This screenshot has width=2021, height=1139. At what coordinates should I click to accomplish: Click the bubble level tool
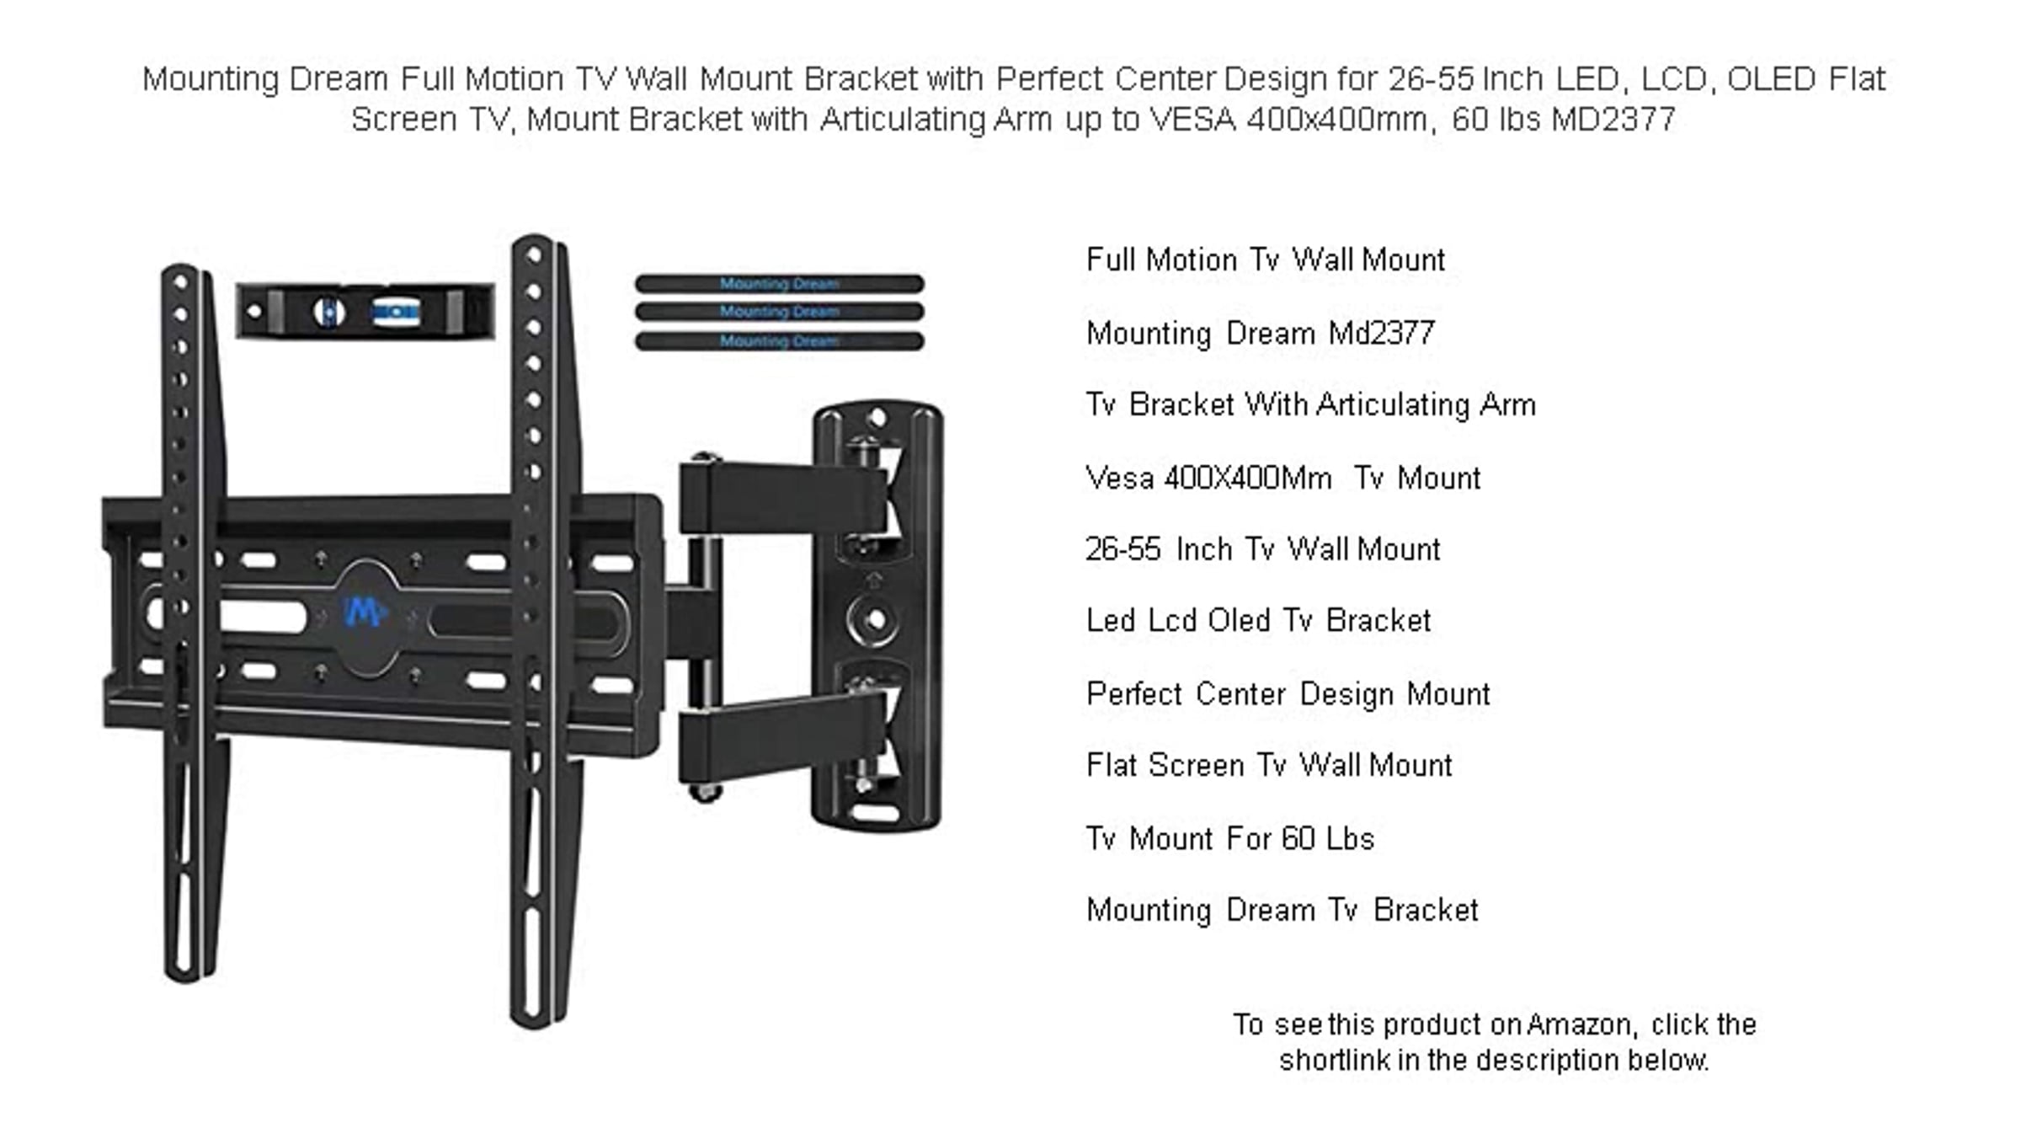[x=365, y=311]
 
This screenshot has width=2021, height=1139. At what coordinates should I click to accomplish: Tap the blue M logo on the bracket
[x=364, y=612]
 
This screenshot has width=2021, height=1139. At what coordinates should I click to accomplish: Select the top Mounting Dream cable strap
[x=780, y=284]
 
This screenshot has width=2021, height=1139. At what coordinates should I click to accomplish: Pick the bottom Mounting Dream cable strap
[x=780, y=341]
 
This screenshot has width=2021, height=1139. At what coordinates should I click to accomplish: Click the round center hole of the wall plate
[x=875, y=620]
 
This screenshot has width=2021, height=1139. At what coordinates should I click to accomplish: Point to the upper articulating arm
[x=783, y=498]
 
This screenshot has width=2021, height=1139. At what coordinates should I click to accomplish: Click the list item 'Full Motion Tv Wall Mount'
[x=1266, y=259]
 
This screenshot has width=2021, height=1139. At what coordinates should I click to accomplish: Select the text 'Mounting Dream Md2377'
[x=1261, y=334]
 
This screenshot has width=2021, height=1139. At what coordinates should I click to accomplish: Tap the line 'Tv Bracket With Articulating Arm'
[x=1311, y=405]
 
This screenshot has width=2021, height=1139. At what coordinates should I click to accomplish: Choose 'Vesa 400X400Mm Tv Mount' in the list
[x=1283, y=479]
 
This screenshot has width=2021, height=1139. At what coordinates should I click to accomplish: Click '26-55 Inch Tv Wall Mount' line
[x=1263, y=549]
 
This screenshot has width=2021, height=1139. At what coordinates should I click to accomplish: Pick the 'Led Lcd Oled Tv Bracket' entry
[x=1259, y=621]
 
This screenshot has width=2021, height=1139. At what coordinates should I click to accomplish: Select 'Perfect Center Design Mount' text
[x=1288, y=694]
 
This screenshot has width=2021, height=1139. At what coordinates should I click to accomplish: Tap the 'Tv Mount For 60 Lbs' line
[x=1230, y=839]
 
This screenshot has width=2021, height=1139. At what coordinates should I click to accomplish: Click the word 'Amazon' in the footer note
[x=1581, y=1024]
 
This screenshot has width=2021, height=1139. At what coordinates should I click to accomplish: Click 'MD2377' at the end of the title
[x=1613, y=120]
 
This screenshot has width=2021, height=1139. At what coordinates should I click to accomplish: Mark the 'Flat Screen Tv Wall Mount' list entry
[x=1269, y=766]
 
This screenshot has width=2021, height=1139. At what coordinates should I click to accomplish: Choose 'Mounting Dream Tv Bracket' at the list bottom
[x=1282, y=911]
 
